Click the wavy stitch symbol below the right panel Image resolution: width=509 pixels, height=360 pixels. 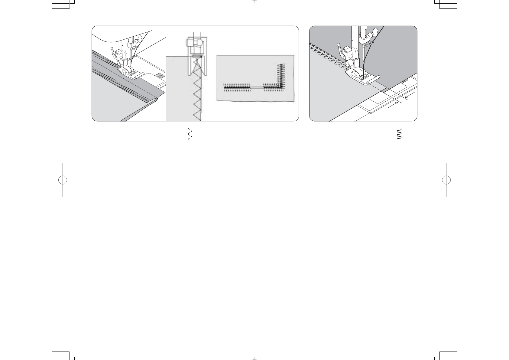(399, 134)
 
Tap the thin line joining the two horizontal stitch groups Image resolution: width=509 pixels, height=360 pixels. (257, 87)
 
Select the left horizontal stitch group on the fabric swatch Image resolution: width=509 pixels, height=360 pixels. (237, 87)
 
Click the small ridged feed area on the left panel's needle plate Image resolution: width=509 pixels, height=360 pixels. (159, 75)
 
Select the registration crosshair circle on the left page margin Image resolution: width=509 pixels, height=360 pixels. (63, 180)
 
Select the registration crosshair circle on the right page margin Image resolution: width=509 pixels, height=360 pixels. (446, 180)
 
